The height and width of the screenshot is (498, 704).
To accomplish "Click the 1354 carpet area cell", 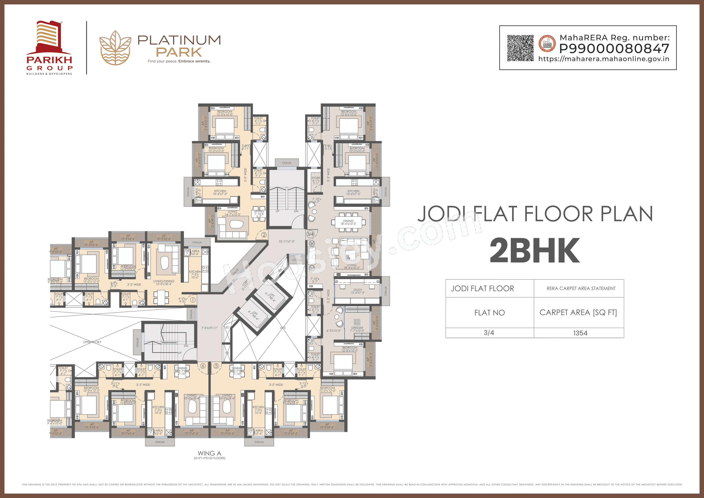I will point(580,333).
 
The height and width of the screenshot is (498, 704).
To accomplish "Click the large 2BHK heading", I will point(535,250).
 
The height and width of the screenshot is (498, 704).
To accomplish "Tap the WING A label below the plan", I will point(209,453).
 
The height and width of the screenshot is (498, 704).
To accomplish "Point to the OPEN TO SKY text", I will point(92,342).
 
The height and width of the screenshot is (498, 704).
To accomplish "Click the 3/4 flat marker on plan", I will point(310,234).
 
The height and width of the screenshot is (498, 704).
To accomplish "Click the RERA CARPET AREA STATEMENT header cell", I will point(581,288).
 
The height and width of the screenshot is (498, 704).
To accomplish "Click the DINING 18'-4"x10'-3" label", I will point(348,222).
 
